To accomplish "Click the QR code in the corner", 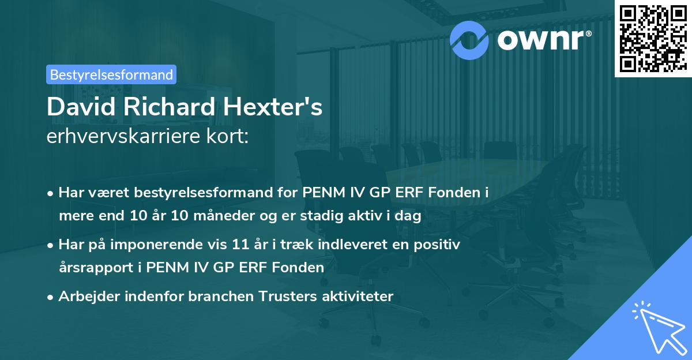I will pos(652,39).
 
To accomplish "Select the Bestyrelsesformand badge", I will pos(111,74).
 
